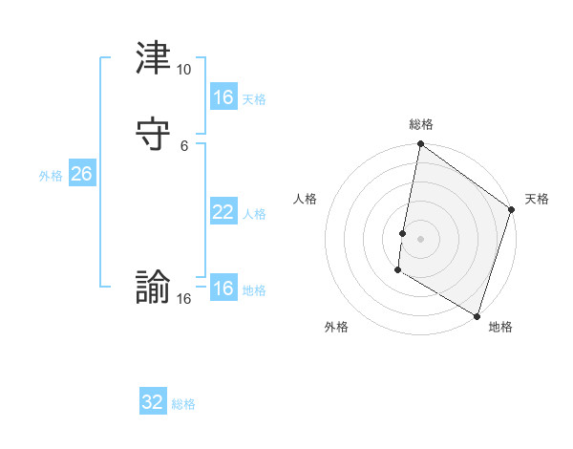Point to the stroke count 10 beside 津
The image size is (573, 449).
(x=184, y=70)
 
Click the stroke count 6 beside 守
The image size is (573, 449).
(x=184, y=145)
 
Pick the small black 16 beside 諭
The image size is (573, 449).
(x=184, y=299)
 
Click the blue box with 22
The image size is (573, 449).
(x=223, y=212)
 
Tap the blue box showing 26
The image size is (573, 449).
(x=81, y=174)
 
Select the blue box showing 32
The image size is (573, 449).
(x=153, y=402)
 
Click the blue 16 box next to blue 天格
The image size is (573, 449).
(x=223, y=97)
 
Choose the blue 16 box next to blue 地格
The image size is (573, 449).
(x=223, y=289)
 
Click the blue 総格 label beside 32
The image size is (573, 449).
(x=183, y=404)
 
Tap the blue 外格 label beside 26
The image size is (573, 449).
(x=51, y=176)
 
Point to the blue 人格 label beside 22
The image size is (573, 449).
(x=254, y=214)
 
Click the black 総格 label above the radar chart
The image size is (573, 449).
(x=421, y=124)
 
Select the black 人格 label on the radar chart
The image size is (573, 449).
(x=306, y=199)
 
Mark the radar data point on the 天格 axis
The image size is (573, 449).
(x=512, y=211)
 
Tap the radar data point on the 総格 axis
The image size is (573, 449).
(x=421, y=145)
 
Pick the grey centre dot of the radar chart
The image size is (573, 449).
(x=421, y=238)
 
